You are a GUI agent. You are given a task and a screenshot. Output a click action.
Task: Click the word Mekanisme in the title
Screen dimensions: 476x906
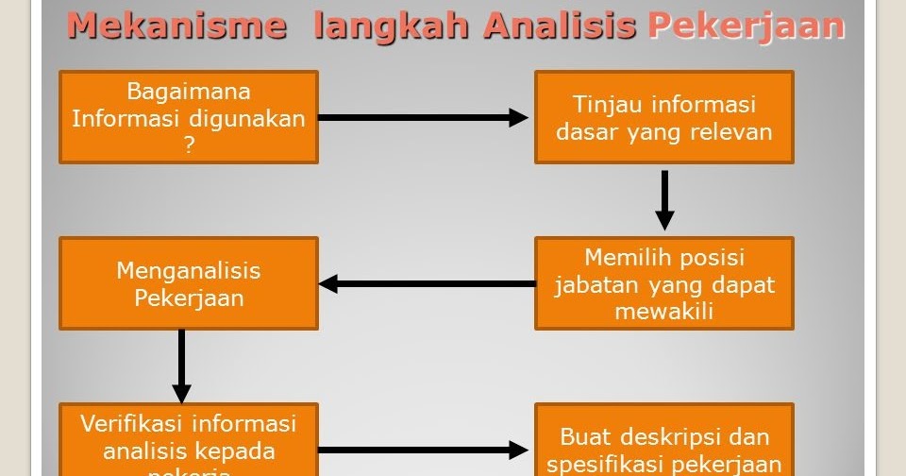pos(176,25)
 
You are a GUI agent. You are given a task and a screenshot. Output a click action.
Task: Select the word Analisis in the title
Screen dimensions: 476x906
pos(559,25)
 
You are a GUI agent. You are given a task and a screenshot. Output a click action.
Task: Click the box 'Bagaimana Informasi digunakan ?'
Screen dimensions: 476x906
pos(189,117)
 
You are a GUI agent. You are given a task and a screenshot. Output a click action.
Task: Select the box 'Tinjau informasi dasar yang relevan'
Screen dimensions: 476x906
pos(664,117)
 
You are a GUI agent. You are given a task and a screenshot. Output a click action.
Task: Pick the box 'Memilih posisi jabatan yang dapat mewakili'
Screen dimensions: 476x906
pos(664,283)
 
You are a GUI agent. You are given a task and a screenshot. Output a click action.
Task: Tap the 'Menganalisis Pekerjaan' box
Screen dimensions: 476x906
pos(189,283)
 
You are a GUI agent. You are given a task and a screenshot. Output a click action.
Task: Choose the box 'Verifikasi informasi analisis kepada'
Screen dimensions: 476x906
pos(189,440)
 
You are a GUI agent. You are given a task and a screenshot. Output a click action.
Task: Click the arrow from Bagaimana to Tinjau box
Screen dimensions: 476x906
pos(425,118)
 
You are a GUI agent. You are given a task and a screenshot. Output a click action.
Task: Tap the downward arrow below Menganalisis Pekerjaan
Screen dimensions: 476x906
pos(181,366)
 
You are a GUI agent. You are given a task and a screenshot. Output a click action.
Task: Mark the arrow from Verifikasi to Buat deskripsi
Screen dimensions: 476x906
pos(425,450)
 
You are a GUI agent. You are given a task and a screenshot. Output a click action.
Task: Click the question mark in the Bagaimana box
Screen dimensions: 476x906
pos(189,145)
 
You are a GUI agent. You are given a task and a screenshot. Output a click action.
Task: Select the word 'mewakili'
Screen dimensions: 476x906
pos(664,311)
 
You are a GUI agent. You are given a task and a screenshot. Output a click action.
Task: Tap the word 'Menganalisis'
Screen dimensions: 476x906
pos(189,270)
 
